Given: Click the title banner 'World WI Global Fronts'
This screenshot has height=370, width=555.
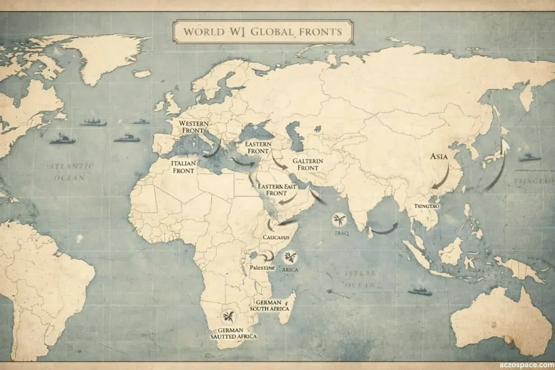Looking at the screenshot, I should pyautogui.click(x=263, y=31).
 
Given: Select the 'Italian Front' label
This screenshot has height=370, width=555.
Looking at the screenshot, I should pyautogui.click(x=183, y=167).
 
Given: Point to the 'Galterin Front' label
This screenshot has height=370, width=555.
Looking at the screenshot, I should pyautogui.click(x=307, y=165).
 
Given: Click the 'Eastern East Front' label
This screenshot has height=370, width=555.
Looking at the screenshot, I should pyautogui.click(x=277, y=190).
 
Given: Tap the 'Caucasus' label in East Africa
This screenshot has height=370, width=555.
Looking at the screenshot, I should pyautogui.click(x=275, y=238).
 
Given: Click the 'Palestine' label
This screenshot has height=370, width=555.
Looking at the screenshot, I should pyautogui.click(x=262, y=268).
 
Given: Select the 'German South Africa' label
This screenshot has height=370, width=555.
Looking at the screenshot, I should pyautogui.click(x=269, y=305).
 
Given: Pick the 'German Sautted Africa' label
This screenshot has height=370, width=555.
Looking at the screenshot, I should pyautogui.click(x=234, y=333).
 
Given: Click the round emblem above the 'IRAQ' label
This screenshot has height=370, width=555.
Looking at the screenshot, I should pyautogui.click(x=340, y=220).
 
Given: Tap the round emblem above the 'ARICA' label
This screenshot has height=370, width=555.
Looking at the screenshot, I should pyautogui.click(x=290, y=257).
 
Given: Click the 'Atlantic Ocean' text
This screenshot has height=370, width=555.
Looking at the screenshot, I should pyautogui.click(x=70, y=171).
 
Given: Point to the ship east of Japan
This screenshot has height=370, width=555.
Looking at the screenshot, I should pyautogui.click(x=529, y=158).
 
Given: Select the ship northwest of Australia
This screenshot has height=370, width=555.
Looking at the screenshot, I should pyautogui.click(x=420, y=291).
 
